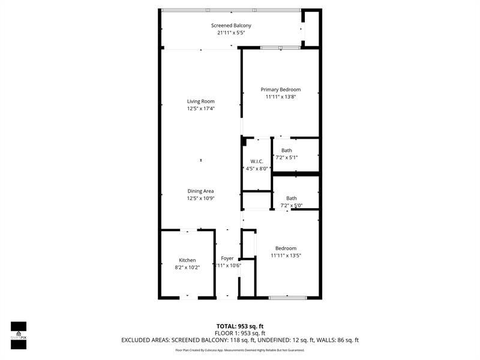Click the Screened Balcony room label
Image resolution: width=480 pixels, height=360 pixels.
click(x=231, y=25)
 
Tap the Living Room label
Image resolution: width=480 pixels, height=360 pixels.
click(x=200, y=101)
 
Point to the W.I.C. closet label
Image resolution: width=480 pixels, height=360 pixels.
click(x=257, y=161)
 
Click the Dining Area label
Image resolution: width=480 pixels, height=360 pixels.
click(x=200, y=191)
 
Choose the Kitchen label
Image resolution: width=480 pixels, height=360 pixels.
click(x=187, y=260)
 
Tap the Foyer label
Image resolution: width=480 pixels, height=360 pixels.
click(x=227, y=258)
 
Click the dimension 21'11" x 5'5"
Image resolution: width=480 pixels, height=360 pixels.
click(x=231, y=33)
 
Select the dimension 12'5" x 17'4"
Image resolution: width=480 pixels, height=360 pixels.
click(x=200, y=109)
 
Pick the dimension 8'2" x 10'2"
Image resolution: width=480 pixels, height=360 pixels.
click(x=187, y=267)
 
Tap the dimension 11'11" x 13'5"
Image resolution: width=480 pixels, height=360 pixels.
click(x=286, y=256)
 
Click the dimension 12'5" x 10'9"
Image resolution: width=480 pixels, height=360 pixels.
click(x=200, y=198)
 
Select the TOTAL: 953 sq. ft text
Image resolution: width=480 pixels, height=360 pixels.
click(x=240, y=326)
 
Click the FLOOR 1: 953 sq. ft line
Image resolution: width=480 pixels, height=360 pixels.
click(x=240, y=333)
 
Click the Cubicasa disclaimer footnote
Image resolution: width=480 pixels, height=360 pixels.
click(x=240, y=350)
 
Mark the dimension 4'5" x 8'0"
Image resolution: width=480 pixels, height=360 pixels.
click(x=257, y=169)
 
